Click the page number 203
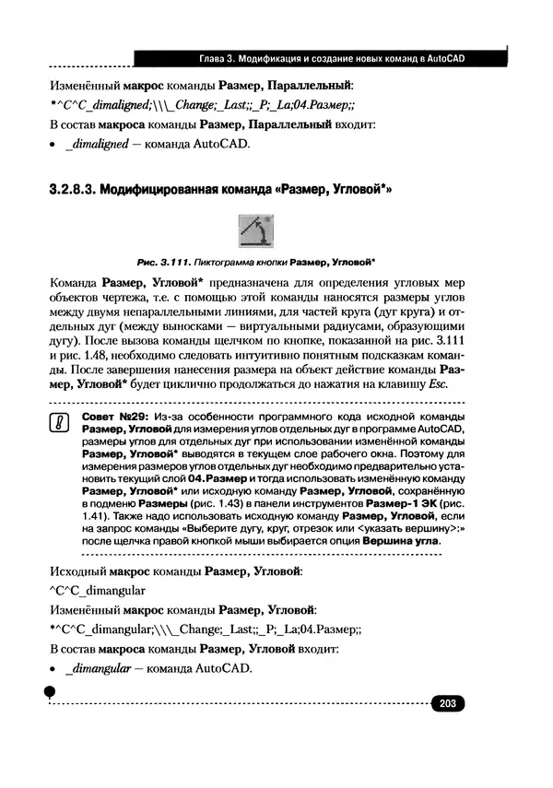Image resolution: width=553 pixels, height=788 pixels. (449, 705)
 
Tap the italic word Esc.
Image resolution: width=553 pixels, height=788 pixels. (438, 384)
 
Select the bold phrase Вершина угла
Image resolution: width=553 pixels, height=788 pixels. (400, 541)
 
